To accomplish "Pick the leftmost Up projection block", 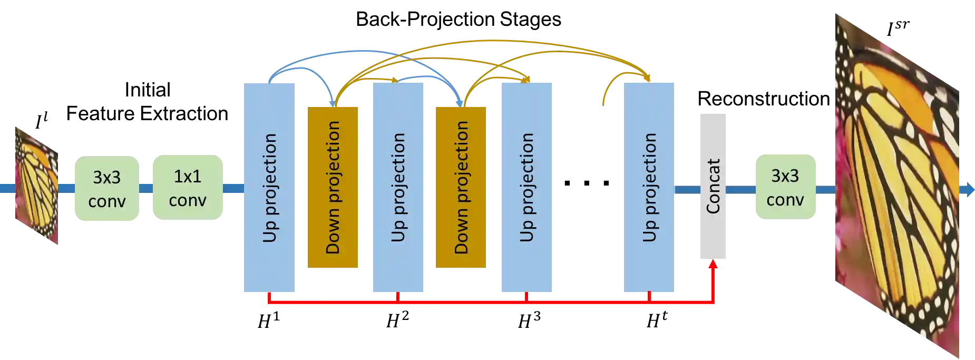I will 268,188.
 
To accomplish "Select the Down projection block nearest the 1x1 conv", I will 333,188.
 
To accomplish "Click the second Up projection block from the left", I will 398,188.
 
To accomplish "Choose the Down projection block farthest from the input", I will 460,188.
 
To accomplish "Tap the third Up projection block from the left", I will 526,188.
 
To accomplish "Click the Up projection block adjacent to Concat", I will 649,188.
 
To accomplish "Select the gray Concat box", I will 714,188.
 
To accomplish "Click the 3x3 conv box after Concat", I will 785,187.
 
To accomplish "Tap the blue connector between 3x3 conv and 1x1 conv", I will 145,188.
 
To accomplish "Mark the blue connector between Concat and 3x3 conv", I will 742,189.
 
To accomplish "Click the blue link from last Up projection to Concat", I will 687,189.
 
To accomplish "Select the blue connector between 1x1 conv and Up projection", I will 232,188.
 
